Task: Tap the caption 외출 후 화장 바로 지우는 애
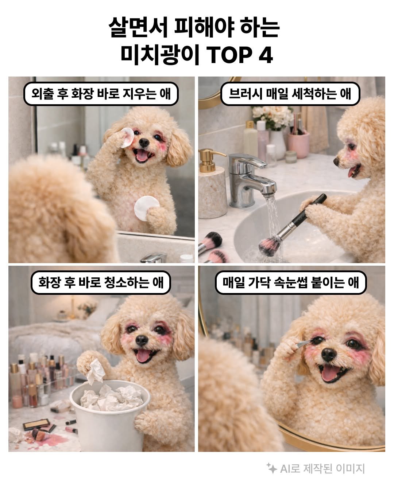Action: (x=101, y=94)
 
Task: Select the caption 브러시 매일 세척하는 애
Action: (x=290, y=94)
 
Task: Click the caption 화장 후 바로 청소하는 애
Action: (x=101, y=282)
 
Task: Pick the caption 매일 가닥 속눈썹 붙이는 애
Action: (x=290, y=282)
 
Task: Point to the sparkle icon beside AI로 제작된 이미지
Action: (x=271, y=468)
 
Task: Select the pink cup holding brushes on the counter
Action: (x=298, y=144)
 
